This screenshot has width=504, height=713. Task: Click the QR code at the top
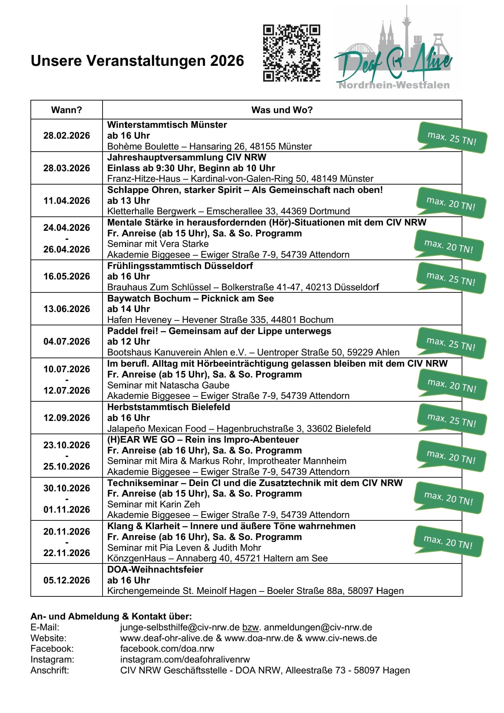click(x=292, y=53)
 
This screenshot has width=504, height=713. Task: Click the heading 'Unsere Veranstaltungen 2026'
click(x=137, y=61)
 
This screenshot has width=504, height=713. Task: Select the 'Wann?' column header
click(x=66, y=110)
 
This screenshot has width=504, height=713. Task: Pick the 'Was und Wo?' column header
click(x=282, y=110)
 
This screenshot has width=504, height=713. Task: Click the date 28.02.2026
click(x=66, y=136)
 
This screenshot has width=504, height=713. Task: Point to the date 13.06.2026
click(x=66, y=309)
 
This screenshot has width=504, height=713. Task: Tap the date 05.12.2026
click(x=66, y=580)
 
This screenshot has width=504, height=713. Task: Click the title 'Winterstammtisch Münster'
click(x=167, y=125)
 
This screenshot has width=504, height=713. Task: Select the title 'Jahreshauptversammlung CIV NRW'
click(x=187, y=157)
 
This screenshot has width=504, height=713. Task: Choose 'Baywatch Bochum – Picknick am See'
click(x=190, y=298)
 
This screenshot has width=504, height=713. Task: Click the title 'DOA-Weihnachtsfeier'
click(x=155, y=569)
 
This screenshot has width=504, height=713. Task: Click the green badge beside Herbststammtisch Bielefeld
click(x=451, y=420)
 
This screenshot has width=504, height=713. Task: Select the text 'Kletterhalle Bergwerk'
click(x=152, y=211)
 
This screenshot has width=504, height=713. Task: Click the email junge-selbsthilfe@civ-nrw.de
click(x=180, y=627)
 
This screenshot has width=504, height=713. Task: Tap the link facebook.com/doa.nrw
click(x=167, y=649)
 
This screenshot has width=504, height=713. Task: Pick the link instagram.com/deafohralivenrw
click(x=185, y=659)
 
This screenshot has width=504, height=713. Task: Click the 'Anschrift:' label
click(x=50, y=670)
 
